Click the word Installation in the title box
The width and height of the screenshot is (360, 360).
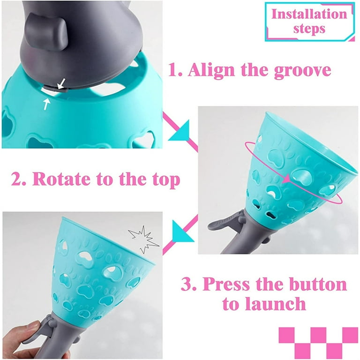click(x=309, y=14)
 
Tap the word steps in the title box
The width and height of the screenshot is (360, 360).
click(x=309, y=29)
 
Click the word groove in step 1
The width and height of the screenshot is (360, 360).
click(x=302, y=70)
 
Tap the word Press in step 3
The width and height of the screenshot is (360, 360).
click(x=226, y=284)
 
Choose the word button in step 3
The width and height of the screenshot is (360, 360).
click(x=318, y=284)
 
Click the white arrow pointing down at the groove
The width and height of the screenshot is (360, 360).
click(x=61, y=83)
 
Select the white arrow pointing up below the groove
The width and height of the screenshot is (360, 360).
click(x=46, y=104)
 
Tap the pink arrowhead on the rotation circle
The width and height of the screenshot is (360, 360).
click(x=286, y=179)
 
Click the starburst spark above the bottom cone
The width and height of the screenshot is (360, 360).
click(x=144, y=239)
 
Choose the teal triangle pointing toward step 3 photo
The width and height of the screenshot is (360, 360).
click(x=182, y=232)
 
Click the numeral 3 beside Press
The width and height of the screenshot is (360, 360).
click(x=187, y=284)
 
